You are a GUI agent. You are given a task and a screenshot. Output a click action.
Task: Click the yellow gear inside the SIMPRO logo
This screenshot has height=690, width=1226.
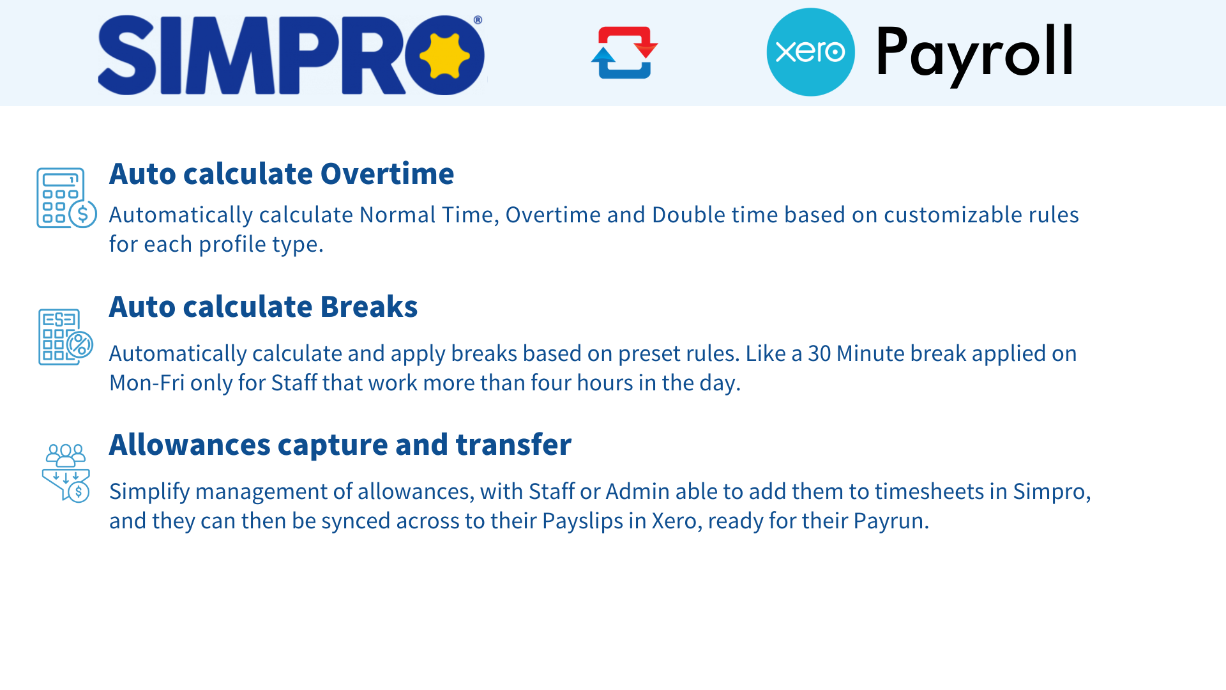coord(444,55)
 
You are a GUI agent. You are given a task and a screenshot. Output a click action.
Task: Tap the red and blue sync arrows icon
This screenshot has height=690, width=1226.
coord(624,52)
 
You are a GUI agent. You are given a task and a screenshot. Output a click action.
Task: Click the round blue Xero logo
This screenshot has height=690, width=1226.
coord(810,52)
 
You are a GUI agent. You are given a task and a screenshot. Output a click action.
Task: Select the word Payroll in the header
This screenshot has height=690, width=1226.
coord(975,54)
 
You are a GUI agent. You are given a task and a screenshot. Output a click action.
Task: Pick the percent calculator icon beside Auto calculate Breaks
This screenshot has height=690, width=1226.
coord(66,337)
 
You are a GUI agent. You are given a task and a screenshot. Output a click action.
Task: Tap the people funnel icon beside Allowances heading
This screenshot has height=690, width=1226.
coord(66,473)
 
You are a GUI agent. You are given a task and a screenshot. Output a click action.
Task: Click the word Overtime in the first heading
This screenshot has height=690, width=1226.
coord(387,174)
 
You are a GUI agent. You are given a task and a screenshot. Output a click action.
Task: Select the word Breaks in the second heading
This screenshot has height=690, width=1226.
coord(368,307)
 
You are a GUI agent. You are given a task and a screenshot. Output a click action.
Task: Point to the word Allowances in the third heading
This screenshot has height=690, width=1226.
coord(190,445)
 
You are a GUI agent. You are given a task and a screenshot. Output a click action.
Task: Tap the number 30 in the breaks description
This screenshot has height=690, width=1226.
coord(820,353)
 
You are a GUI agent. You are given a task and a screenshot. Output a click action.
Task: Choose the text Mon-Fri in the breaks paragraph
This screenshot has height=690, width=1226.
coord(147,383)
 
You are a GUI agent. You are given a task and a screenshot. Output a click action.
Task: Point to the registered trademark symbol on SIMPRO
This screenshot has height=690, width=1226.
coord(478,20)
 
